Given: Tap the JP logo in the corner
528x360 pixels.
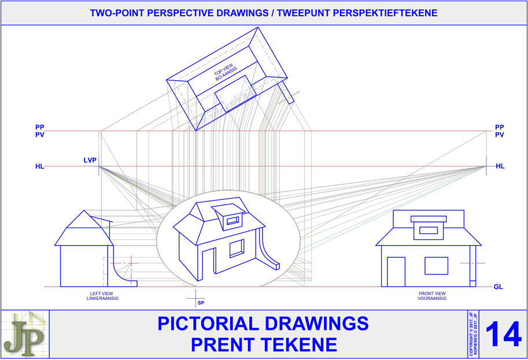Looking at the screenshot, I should coord(24,334).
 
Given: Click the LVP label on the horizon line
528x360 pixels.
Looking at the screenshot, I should coord(90,159).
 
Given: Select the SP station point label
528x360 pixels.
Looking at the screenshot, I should coord(201,303).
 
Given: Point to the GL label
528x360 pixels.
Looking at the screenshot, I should coord(499,287).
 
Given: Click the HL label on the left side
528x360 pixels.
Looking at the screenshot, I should coord(39,166).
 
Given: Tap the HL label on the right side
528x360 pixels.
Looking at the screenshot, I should coord(500,166).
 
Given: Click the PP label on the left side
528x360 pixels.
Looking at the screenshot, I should coord(39,127).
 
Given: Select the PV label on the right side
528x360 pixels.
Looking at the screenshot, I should coord(500,135).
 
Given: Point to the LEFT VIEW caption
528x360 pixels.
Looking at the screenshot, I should coord(97,294).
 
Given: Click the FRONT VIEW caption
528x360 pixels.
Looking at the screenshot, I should coord(432,294).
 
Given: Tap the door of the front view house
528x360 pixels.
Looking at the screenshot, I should coord(396,271).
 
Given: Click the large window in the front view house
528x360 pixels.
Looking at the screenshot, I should coord(436,266).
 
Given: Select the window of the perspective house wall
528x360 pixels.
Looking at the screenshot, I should coord(237,248).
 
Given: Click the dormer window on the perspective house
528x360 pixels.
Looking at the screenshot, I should coord(232,220).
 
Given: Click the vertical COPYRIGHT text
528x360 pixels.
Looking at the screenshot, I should coord(471,334).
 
